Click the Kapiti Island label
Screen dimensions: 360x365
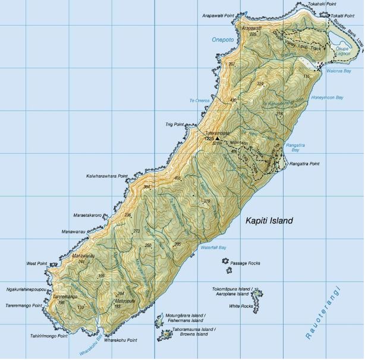(x=269, y=220)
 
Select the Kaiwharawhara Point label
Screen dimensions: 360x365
(x=106, y=176)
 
